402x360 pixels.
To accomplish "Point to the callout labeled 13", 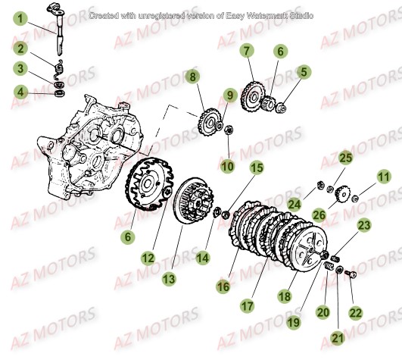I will point(168,278).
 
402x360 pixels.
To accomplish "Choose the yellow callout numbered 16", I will point(223,286).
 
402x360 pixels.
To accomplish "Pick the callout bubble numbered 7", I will point(246,52).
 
